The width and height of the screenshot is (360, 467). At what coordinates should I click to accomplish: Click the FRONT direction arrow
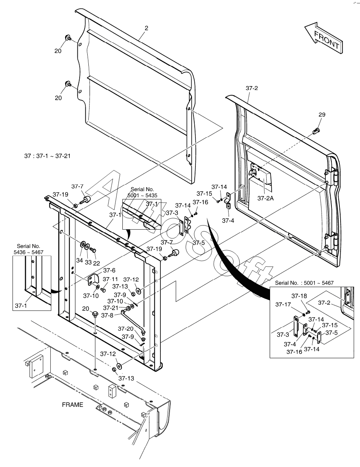(323, 37)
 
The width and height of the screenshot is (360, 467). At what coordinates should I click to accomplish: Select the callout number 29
(322, 115)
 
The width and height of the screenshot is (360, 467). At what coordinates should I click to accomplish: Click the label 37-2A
(265, 198)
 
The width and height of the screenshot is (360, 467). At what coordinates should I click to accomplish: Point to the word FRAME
(72, 405)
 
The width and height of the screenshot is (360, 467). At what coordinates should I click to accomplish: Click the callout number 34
(79, 261)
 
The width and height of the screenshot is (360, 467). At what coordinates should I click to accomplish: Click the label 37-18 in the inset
(299, 296)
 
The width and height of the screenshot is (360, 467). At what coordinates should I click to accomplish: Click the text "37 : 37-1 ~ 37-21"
(47, 156)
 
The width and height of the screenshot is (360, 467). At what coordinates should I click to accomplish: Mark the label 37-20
(125, 329)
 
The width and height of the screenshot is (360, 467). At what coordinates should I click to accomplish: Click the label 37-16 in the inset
(294, 352)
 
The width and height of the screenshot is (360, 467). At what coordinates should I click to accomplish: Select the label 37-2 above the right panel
(252, 88)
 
